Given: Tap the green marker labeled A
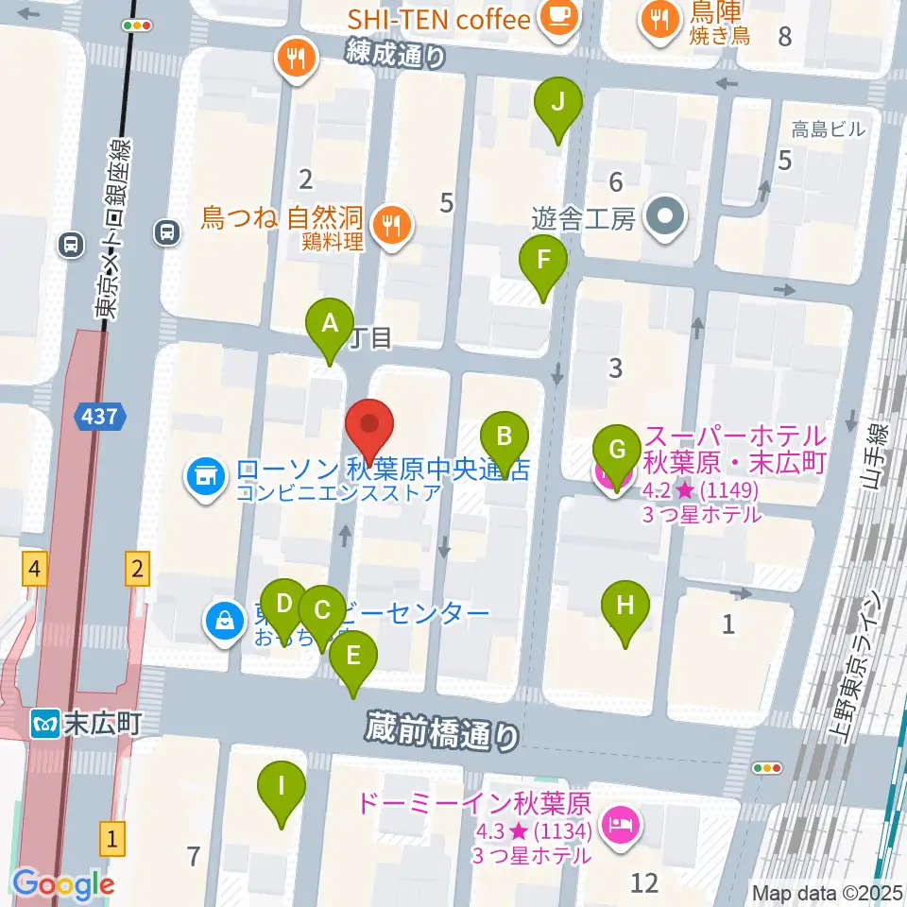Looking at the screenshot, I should tap(330, 325).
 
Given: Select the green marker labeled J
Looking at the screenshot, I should tap(557, 102).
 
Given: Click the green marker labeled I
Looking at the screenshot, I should tap(281, 786).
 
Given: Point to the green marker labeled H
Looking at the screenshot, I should tap(625, 607).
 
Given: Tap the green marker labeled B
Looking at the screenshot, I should tap(505, 438).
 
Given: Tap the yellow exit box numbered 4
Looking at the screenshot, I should tap(35, 569).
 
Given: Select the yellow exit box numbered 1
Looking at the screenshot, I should tap(112, 838).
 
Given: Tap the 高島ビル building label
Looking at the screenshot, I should tap(829, 129).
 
